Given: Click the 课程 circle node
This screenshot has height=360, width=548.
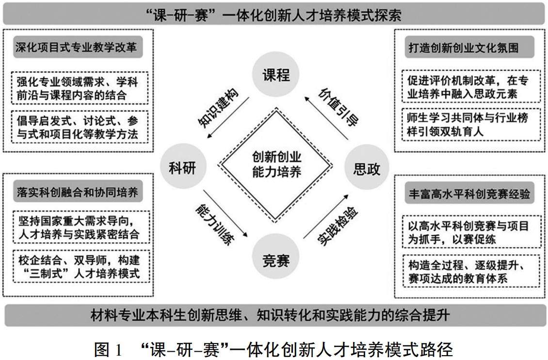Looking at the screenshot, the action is pyautogui.click(x=276, y=76).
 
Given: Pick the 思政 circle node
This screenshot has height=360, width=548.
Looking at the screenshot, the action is pyautogui.click(x=367, y=168).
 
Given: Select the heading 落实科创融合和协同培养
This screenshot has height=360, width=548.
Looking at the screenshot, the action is pyautogui.click(x=76, y=192).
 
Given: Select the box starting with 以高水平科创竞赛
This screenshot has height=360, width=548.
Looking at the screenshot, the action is pyautogui.click(x=467, y=232).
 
